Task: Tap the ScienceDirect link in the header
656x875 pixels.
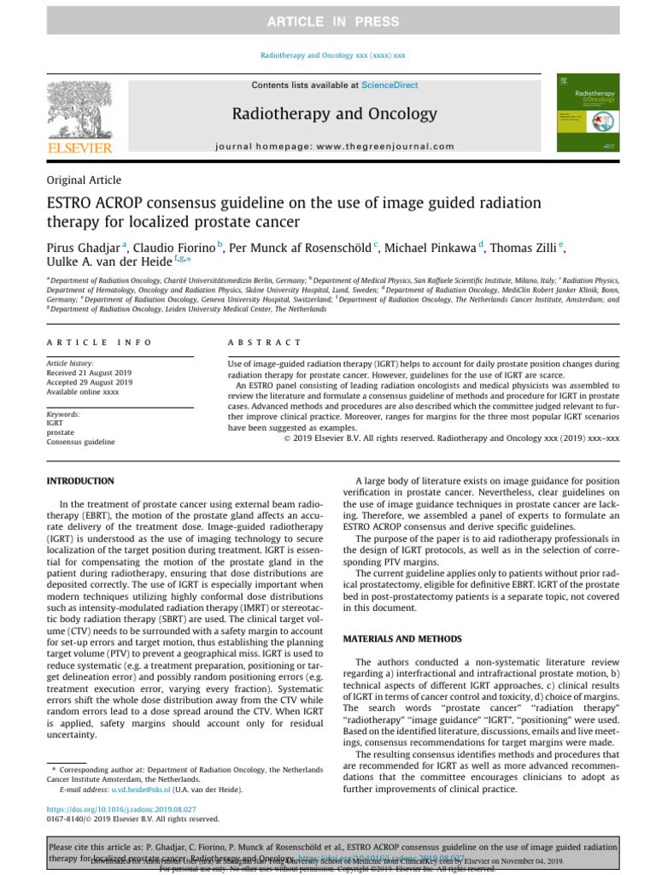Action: (389, 85)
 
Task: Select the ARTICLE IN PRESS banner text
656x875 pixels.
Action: (328, 20)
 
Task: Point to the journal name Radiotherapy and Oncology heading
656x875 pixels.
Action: (328, 114)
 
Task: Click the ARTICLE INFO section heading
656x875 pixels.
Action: (98, 343)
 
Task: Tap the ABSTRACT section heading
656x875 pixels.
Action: (264, 343)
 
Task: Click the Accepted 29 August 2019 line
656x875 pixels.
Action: (91, 383)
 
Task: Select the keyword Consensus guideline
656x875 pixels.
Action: (80, 442)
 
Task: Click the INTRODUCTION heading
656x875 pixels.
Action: (79, 482)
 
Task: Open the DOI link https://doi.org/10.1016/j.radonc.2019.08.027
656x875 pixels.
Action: (121, 809)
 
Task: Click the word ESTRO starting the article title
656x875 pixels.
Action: (72, 203)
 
